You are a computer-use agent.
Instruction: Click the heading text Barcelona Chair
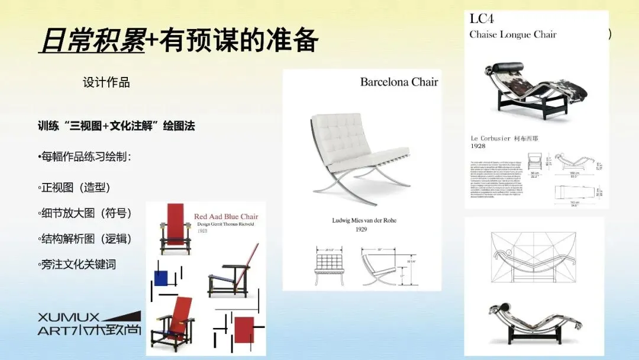tap(399, 82)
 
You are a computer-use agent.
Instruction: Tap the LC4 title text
tap(482, 18)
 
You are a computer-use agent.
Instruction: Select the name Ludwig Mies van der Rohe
tap(364, 221)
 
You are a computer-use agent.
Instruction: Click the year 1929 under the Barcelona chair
tap(362, 229)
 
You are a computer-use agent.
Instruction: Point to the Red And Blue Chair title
tap(226, 217)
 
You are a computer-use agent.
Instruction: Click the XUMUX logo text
tap(69, 317)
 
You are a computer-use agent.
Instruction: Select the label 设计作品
tap(106, 83)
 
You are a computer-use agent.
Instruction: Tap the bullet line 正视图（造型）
tap(75, 188)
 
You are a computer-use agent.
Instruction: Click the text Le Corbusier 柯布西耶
tap(504, 139)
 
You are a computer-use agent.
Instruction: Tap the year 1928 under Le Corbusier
tap(478, 146)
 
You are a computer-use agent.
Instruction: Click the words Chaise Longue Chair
tap(512, 34)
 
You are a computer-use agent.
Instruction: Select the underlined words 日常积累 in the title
tap(92, 40)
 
